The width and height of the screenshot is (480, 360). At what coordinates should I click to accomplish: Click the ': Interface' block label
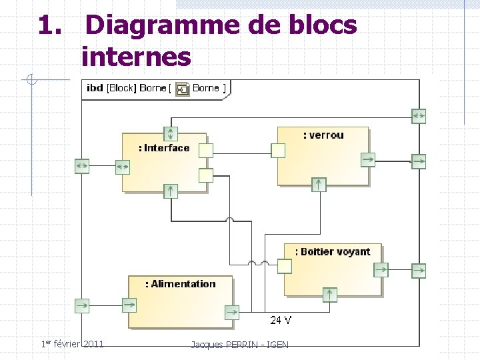pos(164,148)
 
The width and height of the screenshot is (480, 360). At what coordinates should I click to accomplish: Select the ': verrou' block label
pos(323,135)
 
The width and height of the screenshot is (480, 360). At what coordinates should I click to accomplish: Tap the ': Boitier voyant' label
pos(337,251)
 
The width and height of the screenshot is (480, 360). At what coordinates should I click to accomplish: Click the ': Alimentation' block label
pos(181,284)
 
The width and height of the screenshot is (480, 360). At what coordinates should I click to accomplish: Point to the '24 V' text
pos(280,320)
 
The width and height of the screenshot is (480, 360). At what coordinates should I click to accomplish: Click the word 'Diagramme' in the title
pos(157,25)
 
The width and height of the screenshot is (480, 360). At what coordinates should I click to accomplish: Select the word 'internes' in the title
pos(136,57)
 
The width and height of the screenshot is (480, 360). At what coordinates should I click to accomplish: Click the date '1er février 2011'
pos(73,344)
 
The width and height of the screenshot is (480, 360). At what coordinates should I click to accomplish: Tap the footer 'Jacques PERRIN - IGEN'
pos(239,345)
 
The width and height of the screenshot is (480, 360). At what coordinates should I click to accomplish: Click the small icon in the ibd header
pos(182,89)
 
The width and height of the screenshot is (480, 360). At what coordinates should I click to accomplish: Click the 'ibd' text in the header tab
pos(95,88)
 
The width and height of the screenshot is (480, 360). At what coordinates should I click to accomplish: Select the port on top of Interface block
pos(171,133)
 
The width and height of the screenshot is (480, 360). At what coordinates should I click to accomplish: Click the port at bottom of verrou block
pos(319,185)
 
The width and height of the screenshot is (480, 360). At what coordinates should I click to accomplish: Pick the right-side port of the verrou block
pos(368,159)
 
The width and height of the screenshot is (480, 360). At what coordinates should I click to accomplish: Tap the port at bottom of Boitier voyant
pos(329,295)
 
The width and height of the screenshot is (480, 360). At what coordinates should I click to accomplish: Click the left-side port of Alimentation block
pos(129,305)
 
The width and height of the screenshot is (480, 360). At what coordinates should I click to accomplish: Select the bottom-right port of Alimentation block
pos(231,312)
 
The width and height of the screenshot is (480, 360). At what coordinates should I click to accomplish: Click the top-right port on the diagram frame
pos(419,115)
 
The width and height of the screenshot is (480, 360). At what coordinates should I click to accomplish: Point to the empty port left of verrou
pos(278,151)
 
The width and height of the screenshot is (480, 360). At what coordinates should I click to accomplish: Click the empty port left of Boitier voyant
pos(285,266)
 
